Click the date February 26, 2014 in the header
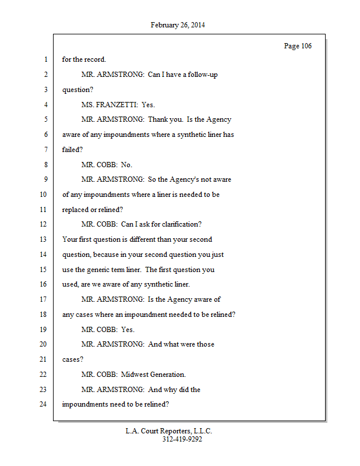(178, 25)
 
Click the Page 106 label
(298, 46)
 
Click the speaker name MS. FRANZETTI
(110, 105)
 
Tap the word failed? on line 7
(73, 150)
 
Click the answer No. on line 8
(126, 165)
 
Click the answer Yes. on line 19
(128, 330)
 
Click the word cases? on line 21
(73, 359)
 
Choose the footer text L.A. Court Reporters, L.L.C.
(169, 431)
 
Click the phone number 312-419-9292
(182, 439)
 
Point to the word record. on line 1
(94, 59)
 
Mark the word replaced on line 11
(76, 210)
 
